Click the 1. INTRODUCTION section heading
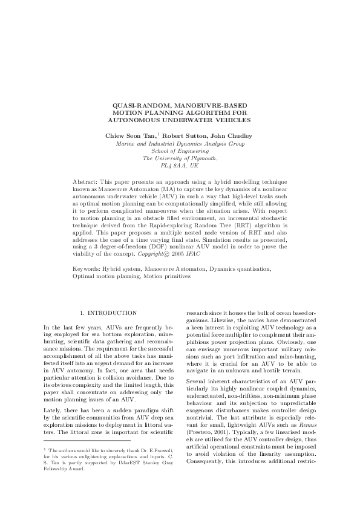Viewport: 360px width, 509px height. pyautogui.click(x=108, y=313)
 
